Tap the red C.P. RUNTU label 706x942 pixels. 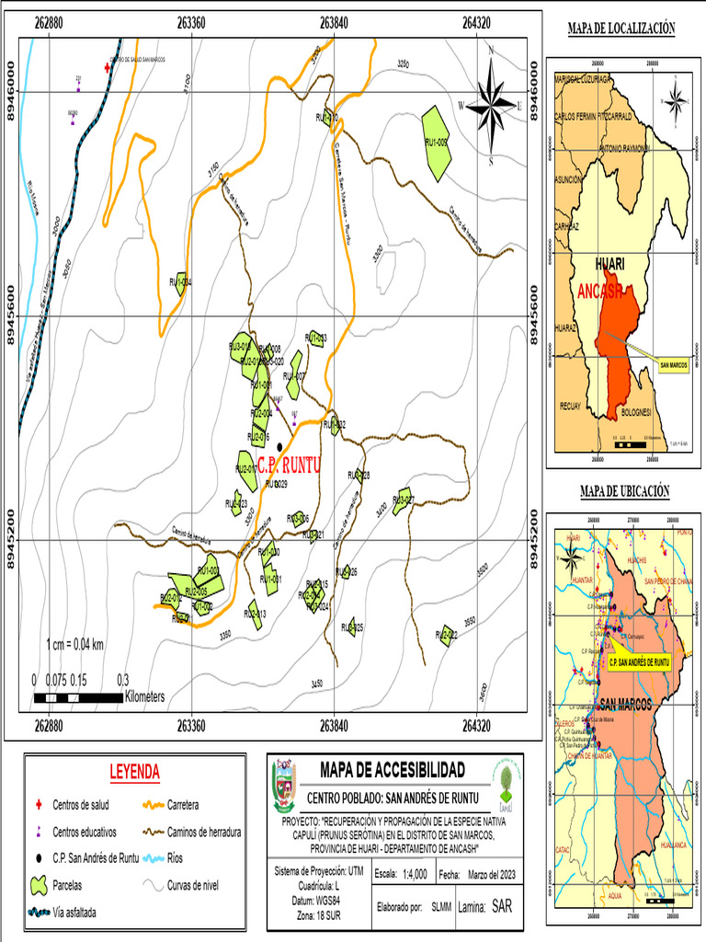pos(289,465)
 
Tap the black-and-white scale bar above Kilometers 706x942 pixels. pos(78,697)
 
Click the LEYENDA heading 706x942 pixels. pos(134,771)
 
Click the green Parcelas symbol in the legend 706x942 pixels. pos(39,886)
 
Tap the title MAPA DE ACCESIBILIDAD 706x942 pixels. pos(392,770)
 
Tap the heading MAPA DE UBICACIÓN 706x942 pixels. pos(624,492)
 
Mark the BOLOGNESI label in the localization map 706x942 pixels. pos(635,411)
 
